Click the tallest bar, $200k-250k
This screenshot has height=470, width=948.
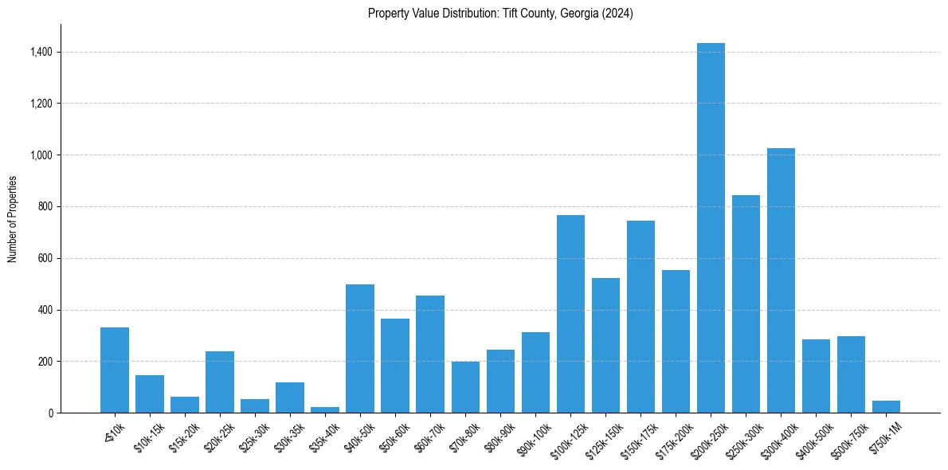(x=711, y=228)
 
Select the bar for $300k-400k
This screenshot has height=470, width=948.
(x=781, y=280)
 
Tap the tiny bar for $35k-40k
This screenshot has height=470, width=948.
(x=325, y=409)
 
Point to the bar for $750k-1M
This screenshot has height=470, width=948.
(x=886, y=406)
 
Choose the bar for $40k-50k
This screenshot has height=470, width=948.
(x=360, y=349)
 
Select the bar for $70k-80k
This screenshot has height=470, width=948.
(x=465, y=387)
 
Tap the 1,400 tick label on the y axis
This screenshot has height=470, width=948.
(x=42, y=52)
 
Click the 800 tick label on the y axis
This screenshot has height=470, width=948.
(x=46, y=207)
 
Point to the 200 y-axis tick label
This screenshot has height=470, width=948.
(x=46, y=362)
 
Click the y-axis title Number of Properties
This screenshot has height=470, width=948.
(x=12, y=219)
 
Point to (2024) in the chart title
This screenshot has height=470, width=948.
(x=617, y=14)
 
